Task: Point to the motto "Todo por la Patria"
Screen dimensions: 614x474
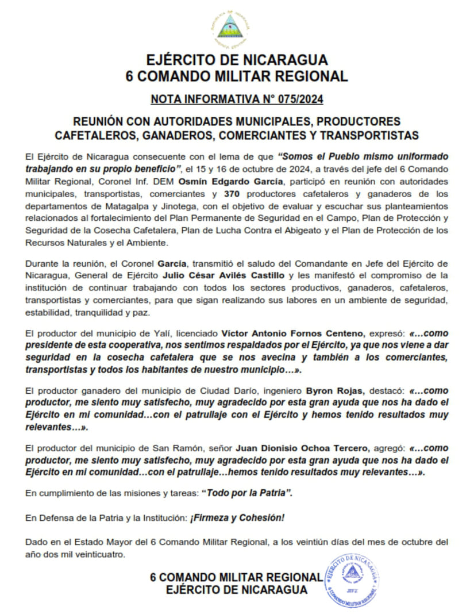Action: (250, 493)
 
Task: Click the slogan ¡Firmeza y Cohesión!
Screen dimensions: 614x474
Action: (236, 517)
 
